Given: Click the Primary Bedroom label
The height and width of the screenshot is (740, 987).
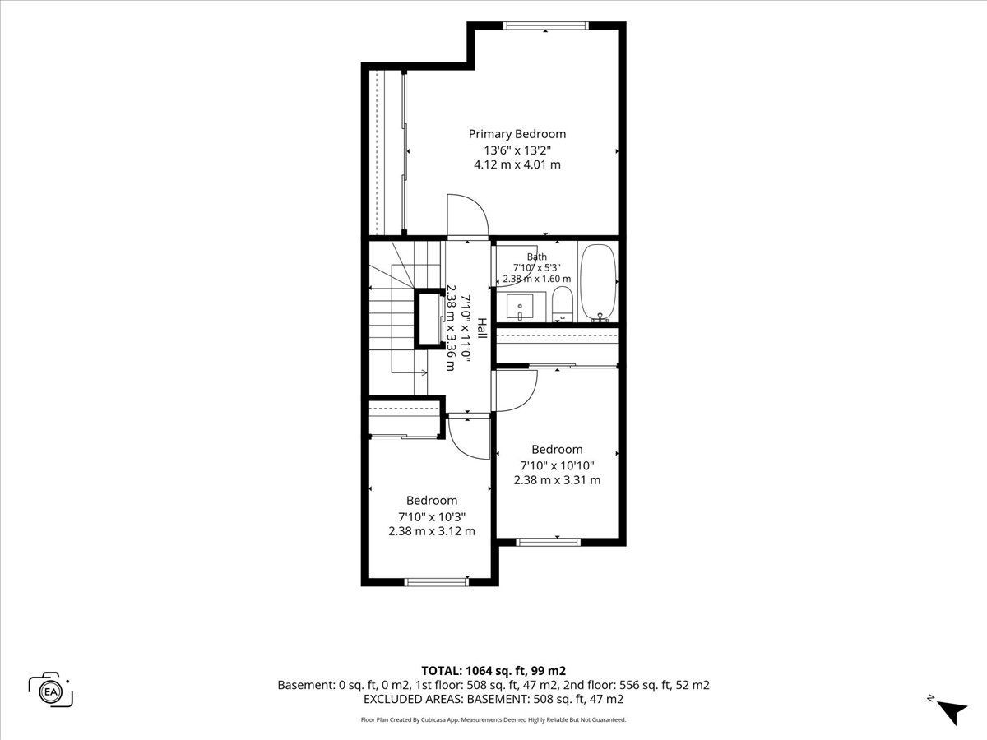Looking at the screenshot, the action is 517,134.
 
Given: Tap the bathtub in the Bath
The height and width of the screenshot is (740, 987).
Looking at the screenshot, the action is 598,283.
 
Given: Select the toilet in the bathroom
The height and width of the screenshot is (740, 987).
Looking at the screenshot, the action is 562,304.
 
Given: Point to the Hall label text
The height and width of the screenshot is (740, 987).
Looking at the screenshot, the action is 482,328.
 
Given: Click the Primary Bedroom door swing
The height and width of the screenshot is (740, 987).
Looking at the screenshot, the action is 468,215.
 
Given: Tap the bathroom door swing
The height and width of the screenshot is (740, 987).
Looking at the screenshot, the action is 517,265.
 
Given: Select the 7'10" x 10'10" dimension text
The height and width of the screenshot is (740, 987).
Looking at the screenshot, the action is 557,465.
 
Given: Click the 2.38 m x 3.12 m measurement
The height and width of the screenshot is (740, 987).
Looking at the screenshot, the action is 432,531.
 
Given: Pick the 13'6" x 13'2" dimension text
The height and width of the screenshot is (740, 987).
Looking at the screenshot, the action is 517,150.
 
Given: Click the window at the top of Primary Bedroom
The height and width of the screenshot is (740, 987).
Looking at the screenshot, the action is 545,25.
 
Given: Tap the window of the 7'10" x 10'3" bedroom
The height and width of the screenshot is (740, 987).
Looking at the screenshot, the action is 436,582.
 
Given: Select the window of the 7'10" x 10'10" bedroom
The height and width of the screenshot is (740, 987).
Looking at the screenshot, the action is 548,543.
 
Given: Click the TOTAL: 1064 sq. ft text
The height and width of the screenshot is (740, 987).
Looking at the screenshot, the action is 474,671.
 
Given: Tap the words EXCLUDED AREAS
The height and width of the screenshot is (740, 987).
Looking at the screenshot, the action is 414,699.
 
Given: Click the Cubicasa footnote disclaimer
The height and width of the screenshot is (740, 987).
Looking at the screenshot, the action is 493,719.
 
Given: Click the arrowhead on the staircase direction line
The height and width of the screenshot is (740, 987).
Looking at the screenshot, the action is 424,372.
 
